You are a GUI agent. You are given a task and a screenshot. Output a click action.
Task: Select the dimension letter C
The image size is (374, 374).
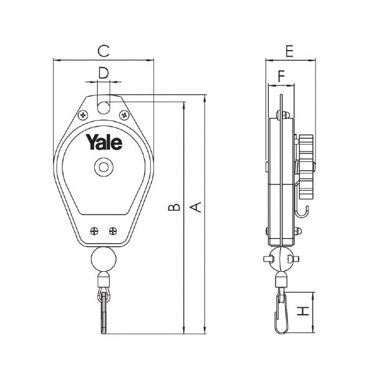(104, 49)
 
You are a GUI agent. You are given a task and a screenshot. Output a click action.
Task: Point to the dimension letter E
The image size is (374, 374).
(289, 50)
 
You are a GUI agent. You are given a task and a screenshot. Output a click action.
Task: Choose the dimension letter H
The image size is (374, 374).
(303, 311)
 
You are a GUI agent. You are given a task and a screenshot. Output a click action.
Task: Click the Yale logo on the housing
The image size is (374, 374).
(104, 142)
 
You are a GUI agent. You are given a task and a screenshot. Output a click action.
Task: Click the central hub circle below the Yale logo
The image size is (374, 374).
(102, 167)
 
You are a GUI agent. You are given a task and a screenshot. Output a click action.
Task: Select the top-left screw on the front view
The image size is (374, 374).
(82, 115)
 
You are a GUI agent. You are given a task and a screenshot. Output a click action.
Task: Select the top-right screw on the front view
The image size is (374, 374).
(125, 115)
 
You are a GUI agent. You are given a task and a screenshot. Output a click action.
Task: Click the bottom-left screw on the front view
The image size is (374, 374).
(93, 231)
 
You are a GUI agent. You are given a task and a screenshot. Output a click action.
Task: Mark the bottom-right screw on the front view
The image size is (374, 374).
(112, 231)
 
